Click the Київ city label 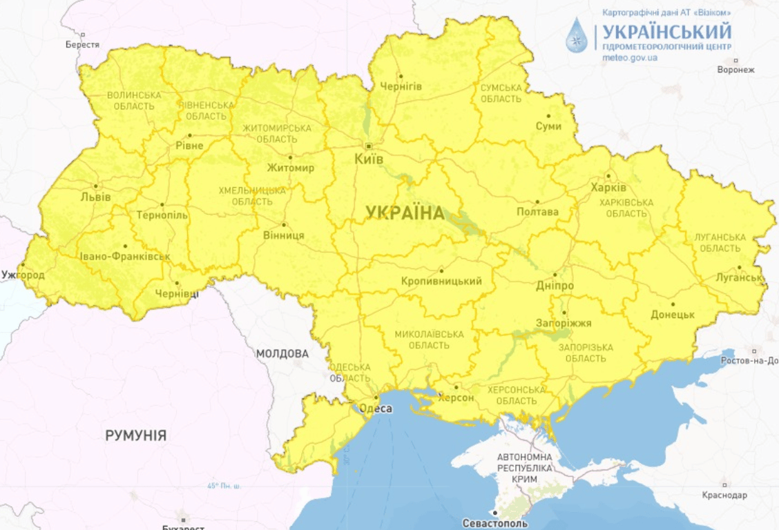point(369,159)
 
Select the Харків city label point(608,188)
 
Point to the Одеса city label point(376,409)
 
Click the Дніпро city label point(555,285)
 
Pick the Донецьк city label point(672,315)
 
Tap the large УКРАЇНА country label point(405,213)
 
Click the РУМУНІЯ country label point(135,435)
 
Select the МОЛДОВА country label point(282,354)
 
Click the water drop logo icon point(577,36)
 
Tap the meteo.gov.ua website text point(630,58)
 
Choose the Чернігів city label point(401,86)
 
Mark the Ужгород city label point(23,275)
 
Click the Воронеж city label point(736,70)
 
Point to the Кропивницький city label point(441,281)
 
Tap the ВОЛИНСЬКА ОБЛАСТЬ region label point(134,100)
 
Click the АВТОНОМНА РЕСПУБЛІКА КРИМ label point(525,468)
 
